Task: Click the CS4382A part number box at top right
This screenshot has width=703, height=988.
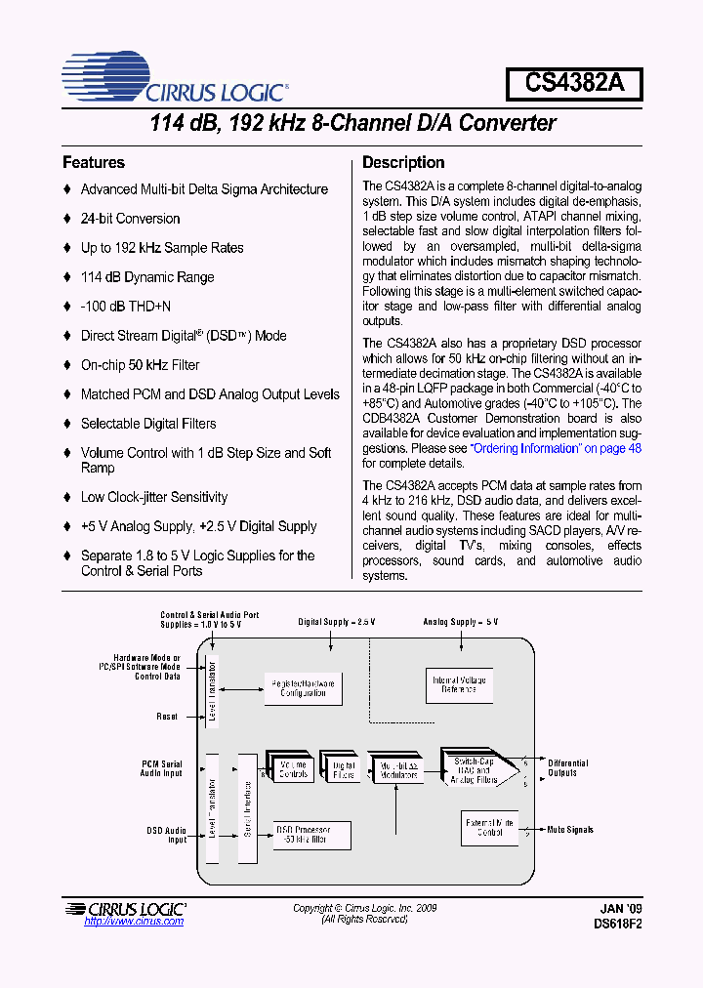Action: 573,83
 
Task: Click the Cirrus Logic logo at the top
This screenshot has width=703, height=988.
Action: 174,79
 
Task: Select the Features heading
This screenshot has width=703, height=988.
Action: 94,163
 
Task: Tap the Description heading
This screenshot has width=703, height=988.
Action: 403,163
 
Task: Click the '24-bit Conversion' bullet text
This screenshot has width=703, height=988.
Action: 130,219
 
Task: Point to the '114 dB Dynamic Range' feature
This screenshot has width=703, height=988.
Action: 146,277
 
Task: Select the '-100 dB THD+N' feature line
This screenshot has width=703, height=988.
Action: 125,307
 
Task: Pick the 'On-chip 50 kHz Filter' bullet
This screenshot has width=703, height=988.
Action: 140,365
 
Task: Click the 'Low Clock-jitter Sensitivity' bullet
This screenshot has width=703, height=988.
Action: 153,497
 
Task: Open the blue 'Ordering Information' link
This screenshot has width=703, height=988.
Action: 556,448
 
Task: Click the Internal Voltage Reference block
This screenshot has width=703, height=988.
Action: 459,684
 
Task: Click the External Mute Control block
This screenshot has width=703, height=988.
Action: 489,829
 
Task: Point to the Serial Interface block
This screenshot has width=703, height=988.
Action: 247,808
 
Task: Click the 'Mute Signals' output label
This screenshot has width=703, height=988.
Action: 570,830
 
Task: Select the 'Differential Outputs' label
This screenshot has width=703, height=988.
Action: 567,768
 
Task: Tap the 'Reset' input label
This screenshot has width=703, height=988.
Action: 167,717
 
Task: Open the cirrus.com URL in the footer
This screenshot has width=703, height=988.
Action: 134,922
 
